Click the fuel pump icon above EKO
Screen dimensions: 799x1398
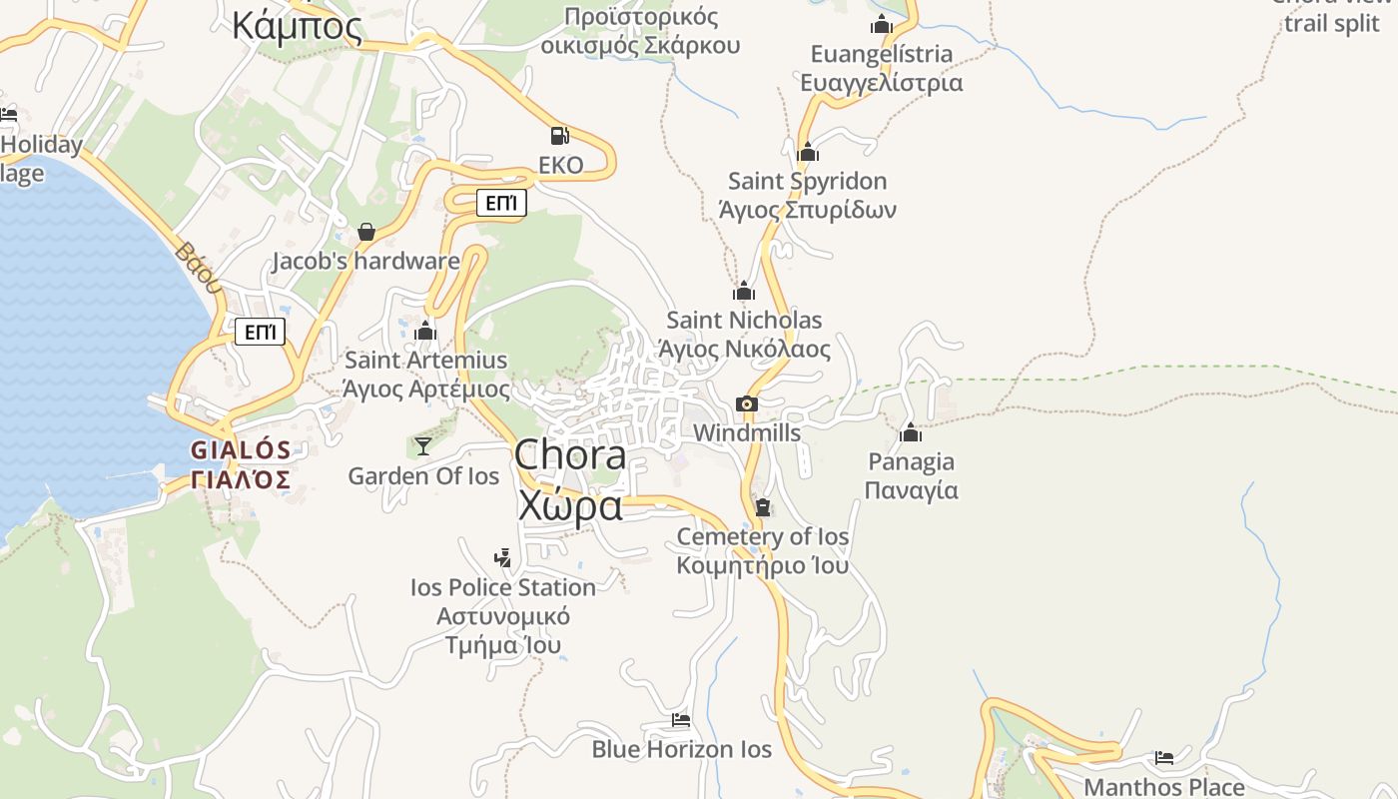tap(560, 135)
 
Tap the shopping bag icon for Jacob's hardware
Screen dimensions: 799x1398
tap(366, 232)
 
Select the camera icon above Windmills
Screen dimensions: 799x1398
tap(746, 403)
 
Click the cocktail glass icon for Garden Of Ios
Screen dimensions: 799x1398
tap(423, 445)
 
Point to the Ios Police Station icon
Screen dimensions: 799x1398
tap(503, 557)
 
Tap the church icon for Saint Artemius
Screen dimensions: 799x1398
tap(425, 330)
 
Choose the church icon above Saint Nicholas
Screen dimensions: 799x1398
tap(744, 291)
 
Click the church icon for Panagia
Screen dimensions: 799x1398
tap(911, 432)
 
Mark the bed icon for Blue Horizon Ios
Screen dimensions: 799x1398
tap(681, 719)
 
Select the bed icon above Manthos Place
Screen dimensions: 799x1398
tap(1164, 757)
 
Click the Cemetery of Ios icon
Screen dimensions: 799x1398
tap(763, 507)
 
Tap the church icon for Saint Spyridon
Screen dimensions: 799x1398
tap(808, 152)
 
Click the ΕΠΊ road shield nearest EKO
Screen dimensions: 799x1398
tap(500, 204)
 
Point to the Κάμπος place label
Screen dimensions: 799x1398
tap(298, 26)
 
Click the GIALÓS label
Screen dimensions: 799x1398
tap(241, 450)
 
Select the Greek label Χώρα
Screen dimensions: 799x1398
tap(570, 506)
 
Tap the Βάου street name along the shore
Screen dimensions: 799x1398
tap(197, 267)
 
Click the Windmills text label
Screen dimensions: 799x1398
tap(746, 432)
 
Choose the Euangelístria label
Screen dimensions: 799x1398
tap(881, 54)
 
